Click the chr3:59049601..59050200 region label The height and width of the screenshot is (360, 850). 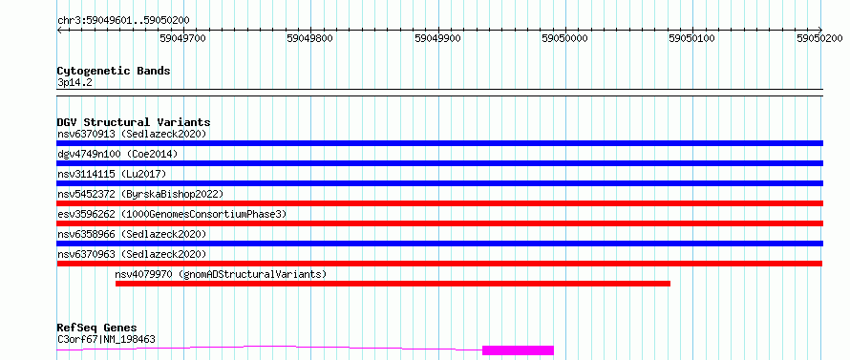[x=123, y=21]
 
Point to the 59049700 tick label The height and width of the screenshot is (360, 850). [x=182, y=38]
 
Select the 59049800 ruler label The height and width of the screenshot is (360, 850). [x=310, y=38]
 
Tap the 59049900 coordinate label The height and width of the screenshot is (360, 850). [x=437, y=38]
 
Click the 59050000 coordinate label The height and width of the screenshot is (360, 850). [x=564, y=38]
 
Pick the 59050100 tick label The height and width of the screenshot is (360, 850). [x=692, y=38]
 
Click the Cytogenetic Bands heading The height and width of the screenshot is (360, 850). [x=114, y=71]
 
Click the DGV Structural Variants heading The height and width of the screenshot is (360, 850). [x=134, y=122]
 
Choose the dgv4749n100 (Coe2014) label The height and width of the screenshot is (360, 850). [x=117, y=154]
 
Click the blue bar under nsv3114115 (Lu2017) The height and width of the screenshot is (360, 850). [x=439, y=183]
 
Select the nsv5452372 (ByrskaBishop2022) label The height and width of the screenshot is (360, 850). [x=139, y=194]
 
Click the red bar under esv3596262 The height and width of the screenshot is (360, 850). [x=439, y=223]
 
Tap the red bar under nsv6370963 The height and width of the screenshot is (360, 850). [x=439, y=264]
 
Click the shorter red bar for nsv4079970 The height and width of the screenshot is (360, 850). [x=393, y=284]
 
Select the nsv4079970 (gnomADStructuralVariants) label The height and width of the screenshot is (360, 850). [x=222, y=274]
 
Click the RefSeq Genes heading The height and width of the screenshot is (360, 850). [x=96, y=328]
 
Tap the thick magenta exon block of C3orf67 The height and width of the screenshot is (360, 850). [x=518, y=350]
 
